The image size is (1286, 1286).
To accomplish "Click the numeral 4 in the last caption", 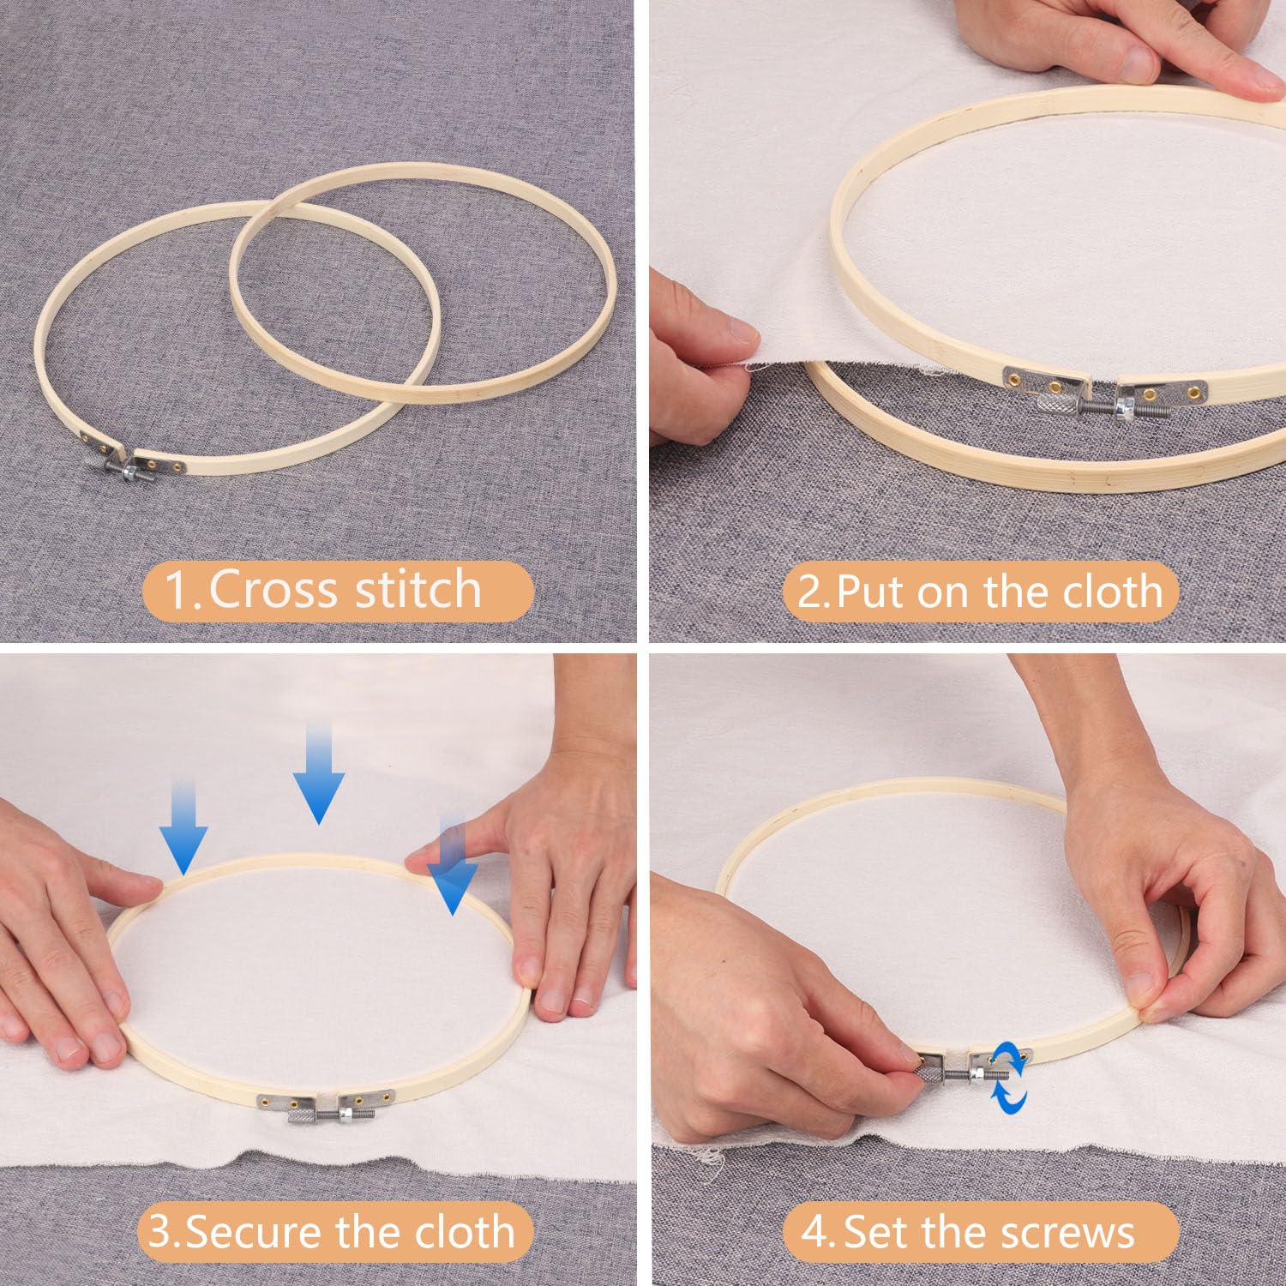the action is [x=816, y=1232].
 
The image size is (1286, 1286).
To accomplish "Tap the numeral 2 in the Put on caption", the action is [x=810, y=592].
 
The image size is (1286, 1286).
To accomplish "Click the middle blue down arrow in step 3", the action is [x=318, y=772].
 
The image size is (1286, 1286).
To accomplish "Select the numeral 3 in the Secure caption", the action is [x=160, y=1232].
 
